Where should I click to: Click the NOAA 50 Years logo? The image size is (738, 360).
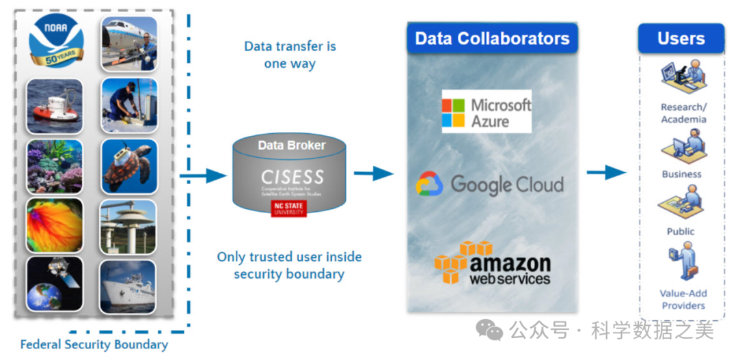tap(56, 42)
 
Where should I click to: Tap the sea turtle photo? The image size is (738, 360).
tap(129, 167)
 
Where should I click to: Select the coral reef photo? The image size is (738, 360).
tap(55, 167)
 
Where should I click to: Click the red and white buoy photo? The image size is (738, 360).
tap(55, 106)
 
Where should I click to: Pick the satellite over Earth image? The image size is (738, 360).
tap(55, 283)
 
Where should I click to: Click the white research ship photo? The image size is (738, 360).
tap(129, 283)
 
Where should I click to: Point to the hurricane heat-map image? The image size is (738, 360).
tap(55, 225)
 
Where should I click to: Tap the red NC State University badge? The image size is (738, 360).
tap(289, 208)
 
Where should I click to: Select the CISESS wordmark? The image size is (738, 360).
tap(292, 176)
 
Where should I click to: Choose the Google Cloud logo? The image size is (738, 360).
tap(490, 184)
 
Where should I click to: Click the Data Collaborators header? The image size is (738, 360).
tap(492, 38)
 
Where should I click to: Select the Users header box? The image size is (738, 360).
tap(681, 38)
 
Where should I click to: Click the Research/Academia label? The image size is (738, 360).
tap(683, 113)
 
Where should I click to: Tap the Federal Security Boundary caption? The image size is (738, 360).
tap(94, 345)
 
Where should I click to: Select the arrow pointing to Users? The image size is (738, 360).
tap(605, 173)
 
